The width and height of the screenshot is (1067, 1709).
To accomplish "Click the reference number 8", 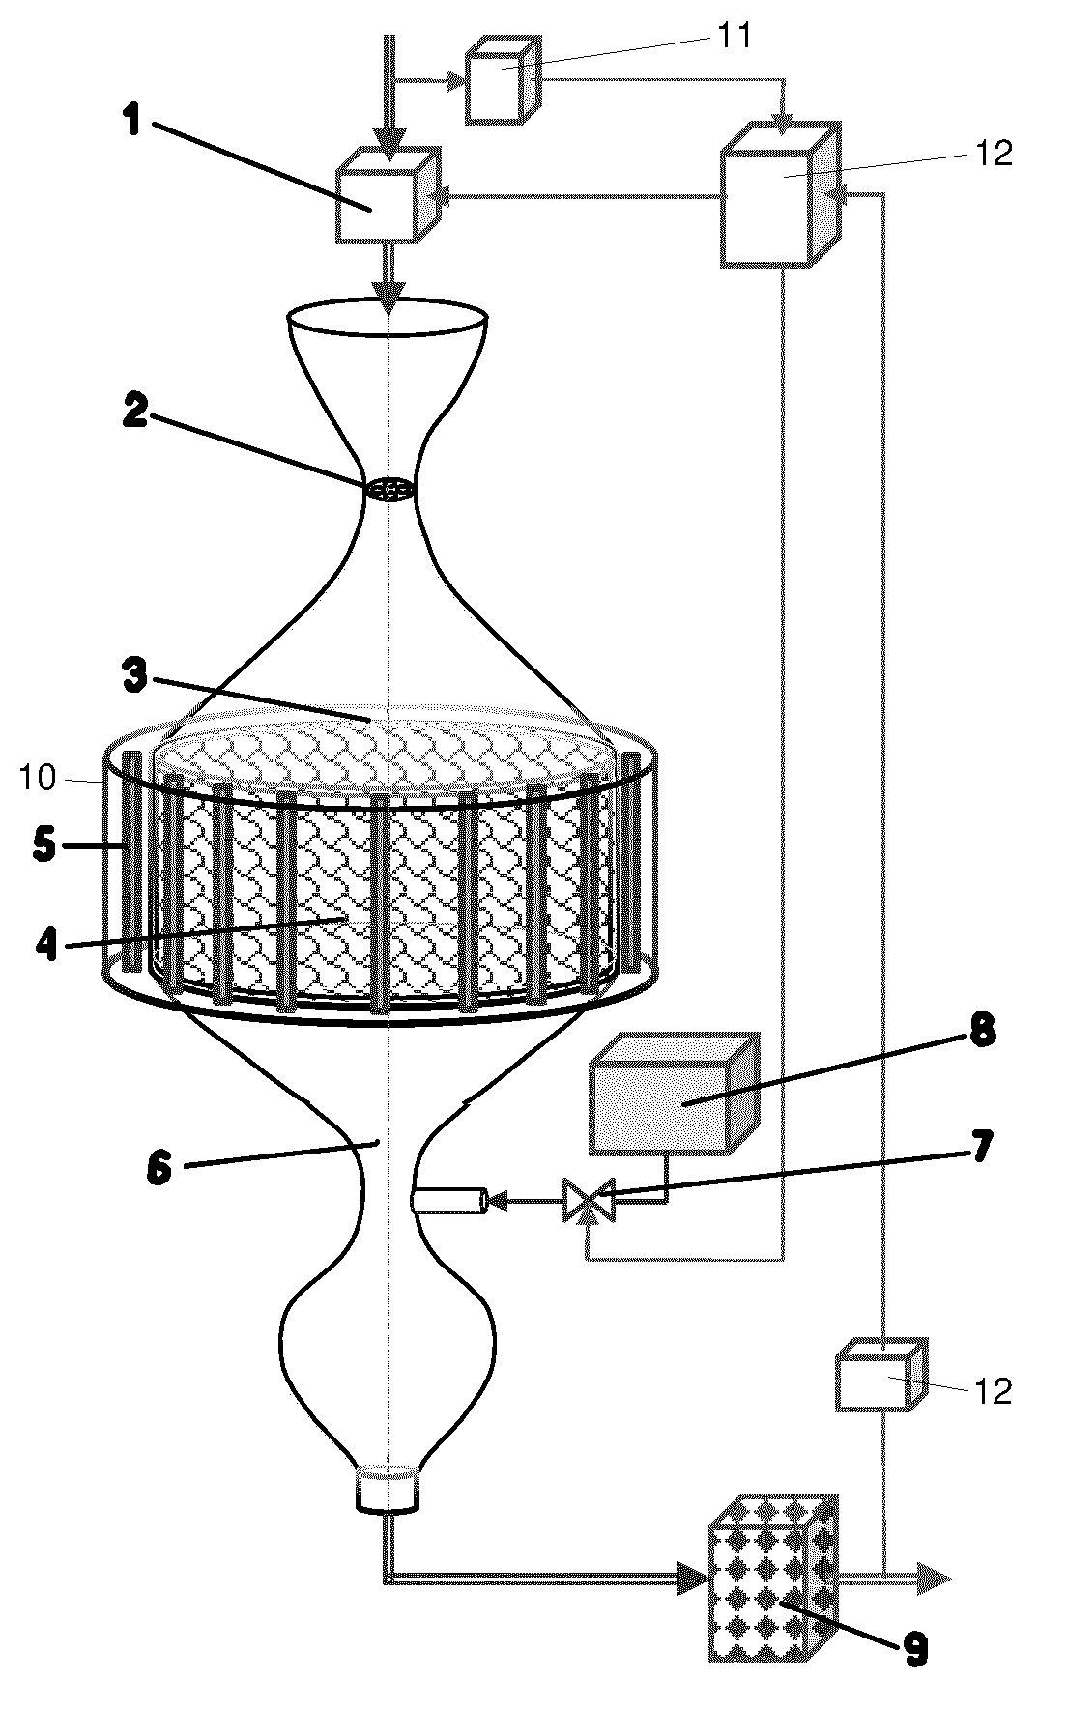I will (980, 1032).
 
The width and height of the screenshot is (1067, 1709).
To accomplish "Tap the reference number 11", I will (732, 35).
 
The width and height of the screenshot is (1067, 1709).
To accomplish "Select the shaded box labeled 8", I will (674, 1095).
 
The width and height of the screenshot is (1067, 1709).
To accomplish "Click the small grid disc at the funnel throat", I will (390, 490).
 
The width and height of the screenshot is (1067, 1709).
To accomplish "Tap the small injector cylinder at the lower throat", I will (447, 1201).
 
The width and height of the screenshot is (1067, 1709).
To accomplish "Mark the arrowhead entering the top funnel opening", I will (389, 299).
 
